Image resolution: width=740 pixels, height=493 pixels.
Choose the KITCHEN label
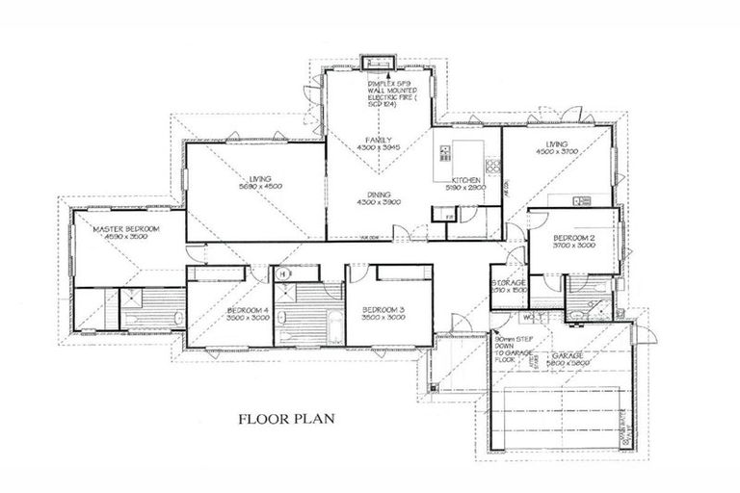click(x=467, y=180)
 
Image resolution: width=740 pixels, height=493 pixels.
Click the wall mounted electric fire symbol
click(x=376, y=64)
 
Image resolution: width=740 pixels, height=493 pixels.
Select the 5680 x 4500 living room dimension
click(x=260, y=188)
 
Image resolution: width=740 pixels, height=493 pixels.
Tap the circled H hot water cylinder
click(x=283, y=273)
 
